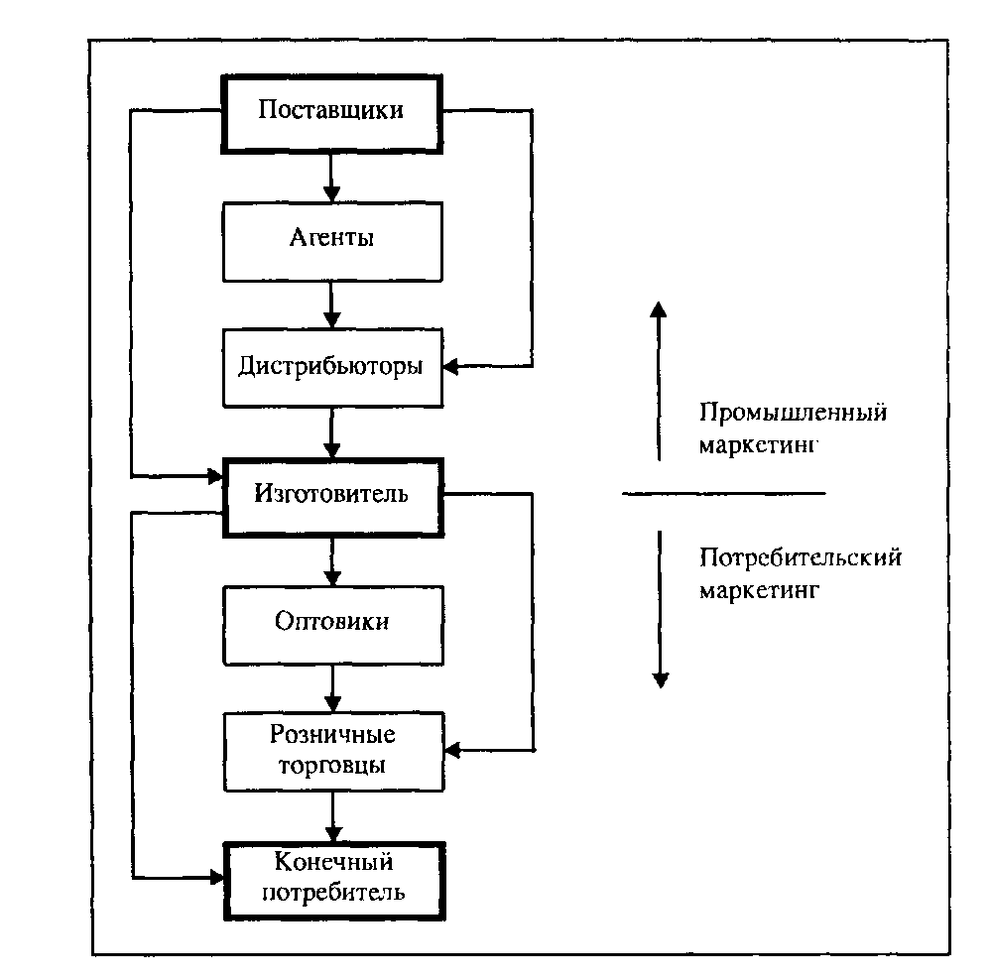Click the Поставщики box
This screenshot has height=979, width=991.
pos(331,110)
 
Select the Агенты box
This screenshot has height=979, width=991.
pos(331,239)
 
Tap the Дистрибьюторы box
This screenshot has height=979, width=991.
pos(331,366)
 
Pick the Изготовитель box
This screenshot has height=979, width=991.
pos(331,493)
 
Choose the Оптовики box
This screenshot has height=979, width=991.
pos(331,622)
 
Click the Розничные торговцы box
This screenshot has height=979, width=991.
pos(331,750)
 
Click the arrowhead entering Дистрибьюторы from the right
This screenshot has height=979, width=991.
pos(449,367)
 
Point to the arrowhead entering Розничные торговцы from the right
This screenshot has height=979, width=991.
pos(449,749)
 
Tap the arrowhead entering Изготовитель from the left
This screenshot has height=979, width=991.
pos(215,477)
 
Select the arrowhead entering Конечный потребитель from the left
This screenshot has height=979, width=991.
pos(215,877)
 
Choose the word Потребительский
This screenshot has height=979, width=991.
pos(800,557)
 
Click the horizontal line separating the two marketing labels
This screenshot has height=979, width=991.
pos(723,493)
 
